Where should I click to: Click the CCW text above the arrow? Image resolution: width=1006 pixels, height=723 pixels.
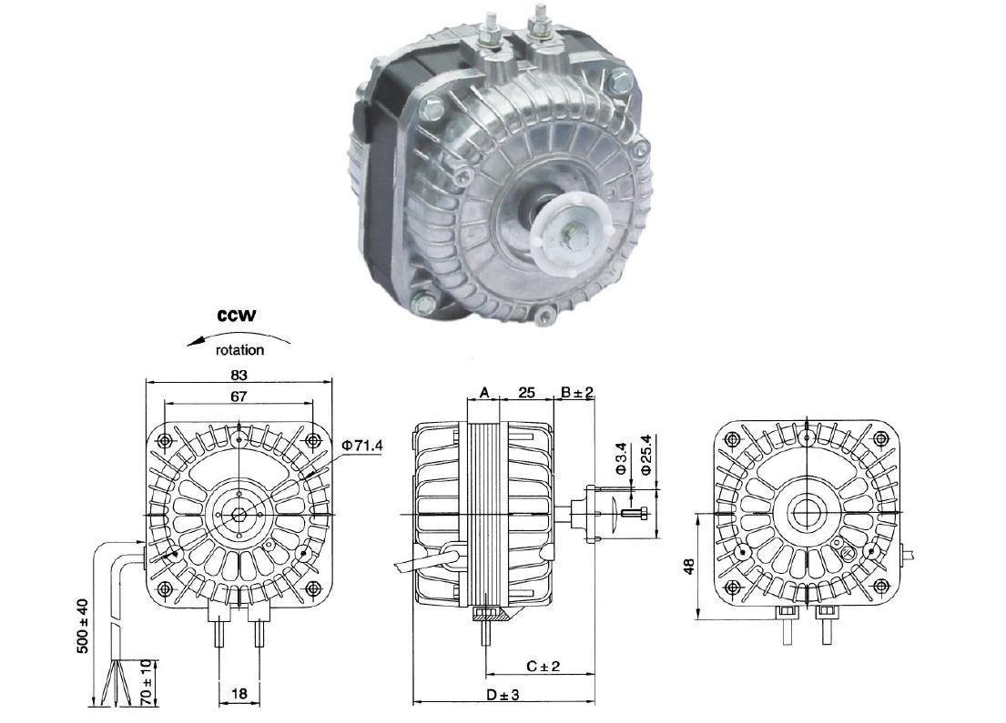237,316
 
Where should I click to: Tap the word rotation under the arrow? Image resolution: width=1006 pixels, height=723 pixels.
239,350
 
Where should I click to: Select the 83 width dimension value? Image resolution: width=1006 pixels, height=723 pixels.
239,375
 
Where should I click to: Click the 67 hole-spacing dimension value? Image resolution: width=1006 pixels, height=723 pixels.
239,397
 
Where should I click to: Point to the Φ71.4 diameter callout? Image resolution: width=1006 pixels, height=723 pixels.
362,444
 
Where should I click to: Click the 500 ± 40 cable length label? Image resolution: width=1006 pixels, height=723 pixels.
82,627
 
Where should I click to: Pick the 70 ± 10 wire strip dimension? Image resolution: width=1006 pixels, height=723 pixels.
146,680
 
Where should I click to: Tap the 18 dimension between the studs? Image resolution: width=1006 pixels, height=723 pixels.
239,693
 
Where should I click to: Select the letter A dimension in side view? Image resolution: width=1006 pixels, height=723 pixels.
484,392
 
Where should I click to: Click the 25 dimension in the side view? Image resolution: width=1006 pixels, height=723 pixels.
526,392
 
